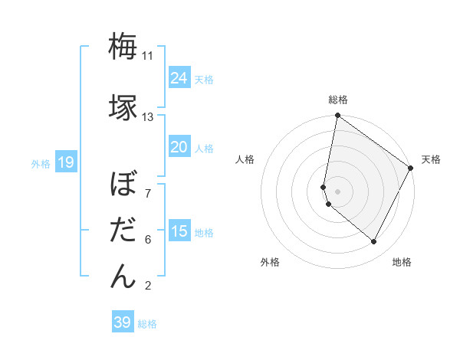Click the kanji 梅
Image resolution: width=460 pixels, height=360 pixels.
tap(123, 47)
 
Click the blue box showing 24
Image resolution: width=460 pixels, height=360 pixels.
tap(179, 78)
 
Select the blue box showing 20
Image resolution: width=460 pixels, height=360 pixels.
tap(179, 148)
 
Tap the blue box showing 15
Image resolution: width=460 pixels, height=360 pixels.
tap(179, 231)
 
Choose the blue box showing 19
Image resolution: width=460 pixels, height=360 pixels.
tap(65, 162)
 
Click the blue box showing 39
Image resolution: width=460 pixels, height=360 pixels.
tap(123, 322)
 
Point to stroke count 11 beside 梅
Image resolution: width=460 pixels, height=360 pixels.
tap(148, 56)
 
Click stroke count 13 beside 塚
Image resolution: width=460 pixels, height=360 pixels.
tap(148, 117)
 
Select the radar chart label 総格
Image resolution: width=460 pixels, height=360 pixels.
tap(337, 100)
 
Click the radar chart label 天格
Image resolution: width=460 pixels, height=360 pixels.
tap(431, 159)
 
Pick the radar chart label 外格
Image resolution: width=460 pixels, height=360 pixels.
tap(270, 262)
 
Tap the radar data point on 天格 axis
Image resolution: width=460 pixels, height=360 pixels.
tap(411, 169)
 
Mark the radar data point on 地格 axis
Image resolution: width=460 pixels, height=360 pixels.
tap(374, 241)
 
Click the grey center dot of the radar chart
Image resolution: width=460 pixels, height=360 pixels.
tap(338, 191)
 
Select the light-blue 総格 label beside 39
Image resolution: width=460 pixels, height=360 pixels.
tap(147, 324)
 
